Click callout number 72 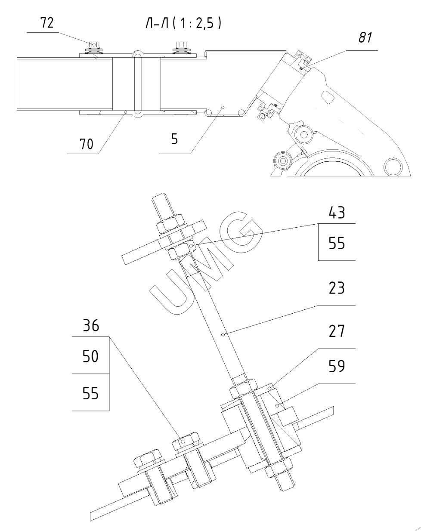point(47,23)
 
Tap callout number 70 point(86,144)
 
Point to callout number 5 point(174,139)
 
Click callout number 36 point(91,326)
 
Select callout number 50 point(91,356)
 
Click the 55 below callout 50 point(91,393)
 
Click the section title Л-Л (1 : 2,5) point(183,24)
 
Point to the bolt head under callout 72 point(94,44)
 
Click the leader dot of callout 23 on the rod point(223,334)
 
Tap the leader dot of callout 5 point(223,106)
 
